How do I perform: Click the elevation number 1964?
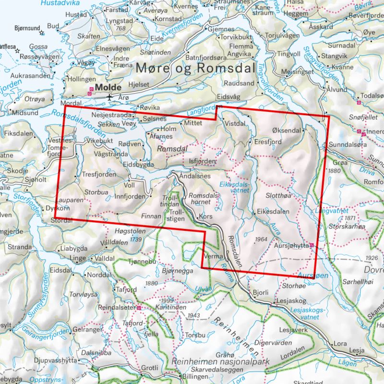(261, 239)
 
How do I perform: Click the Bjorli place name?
(260, 292)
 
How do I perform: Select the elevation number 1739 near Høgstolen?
(137, 239)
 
